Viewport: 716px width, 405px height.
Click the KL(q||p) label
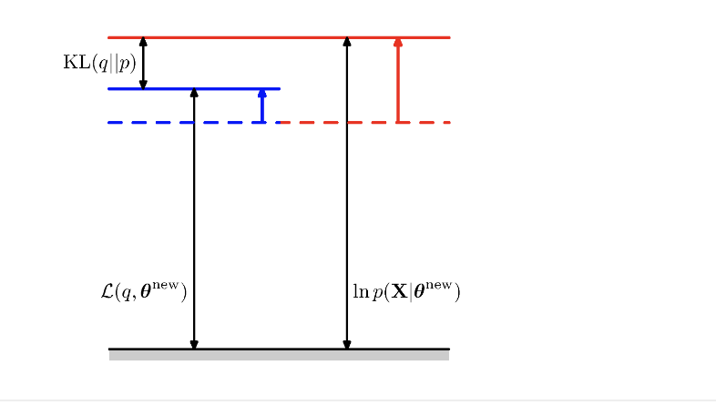tap(99, 63)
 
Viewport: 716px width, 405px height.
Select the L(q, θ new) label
tap(142, 292)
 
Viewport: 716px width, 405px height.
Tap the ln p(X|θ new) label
tap(405, 292)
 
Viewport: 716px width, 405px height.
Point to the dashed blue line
tap(182, 122)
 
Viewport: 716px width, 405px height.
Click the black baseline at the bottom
tap(273, 349)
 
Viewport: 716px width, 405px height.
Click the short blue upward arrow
tap(262, 106)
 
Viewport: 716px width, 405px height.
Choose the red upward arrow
tap(398, 82)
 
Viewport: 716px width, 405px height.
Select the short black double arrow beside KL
tap(143, 63)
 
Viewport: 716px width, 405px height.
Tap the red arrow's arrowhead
tap(398, 42)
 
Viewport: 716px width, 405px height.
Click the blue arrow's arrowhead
tap(262, 93)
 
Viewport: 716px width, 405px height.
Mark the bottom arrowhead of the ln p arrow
tap(346, 344)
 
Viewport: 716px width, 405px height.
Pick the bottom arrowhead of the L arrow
tap(194, 344)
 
